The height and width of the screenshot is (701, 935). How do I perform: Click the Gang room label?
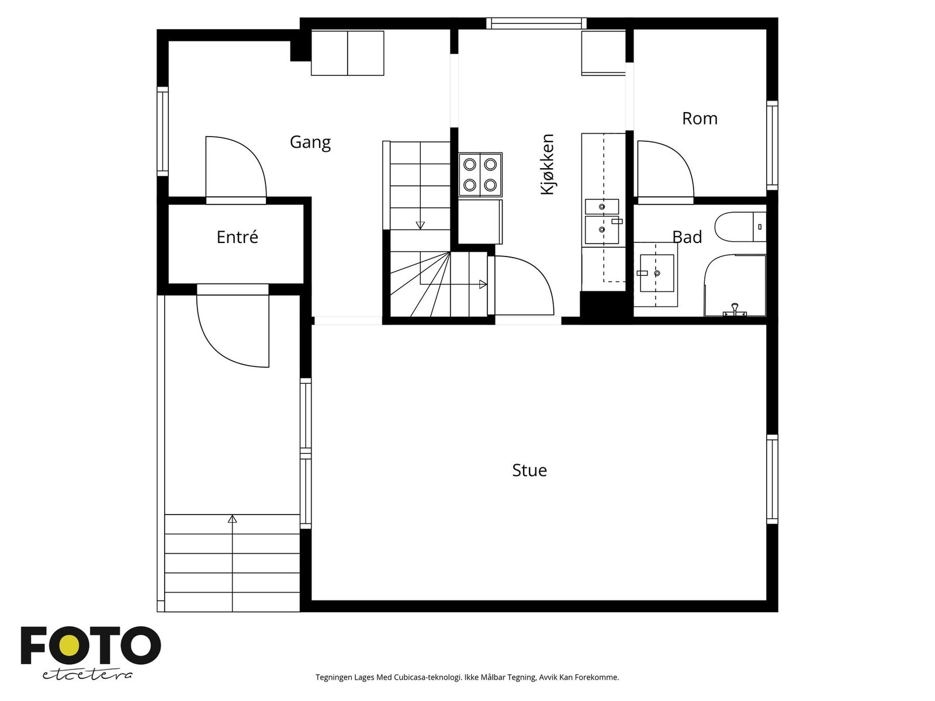click(310, 142)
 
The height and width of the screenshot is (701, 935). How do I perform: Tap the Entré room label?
click(237, 237)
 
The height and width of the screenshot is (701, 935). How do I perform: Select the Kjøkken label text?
click(547, 164)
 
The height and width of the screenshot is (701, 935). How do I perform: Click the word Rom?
click(699, 119)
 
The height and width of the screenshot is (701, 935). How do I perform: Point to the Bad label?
click(687, 237)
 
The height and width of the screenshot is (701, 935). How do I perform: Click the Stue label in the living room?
click(529, 470)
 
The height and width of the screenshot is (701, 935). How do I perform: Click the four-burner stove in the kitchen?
click(480, 175)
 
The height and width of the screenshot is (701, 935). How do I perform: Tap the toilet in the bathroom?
click(739, 227)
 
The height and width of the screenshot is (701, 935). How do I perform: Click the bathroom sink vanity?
click(656, 274)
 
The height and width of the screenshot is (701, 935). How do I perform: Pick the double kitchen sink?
click(602, 222)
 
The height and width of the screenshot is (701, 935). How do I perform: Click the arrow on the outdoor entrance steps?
click(233, 519)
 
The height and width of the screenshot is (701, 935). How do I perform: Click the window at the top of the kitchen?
click(536, 23)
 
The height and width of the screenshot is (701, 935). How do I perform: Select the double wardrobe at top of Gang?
click(347, 53)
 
